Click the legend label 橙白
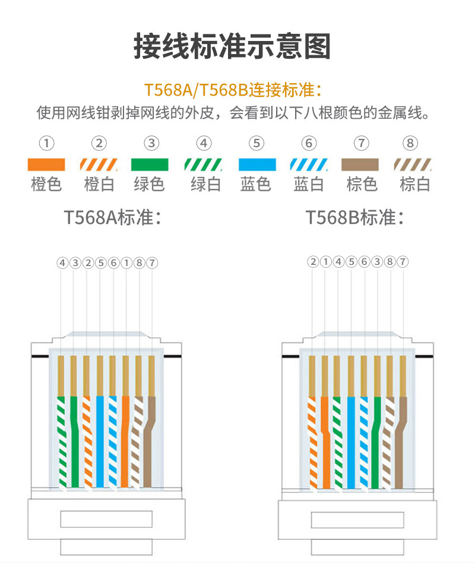click(x=99, y=184)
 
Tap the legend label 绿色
click(x=150, y=184)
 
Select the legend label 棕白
click(x=414, y=184)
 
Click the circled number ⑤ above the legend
click(x=256, y=143)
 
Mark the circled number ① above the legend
click(x=47, y=143)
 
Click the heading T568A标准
click(x=112, y=218)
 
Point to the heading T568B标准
click(x=355, y=218)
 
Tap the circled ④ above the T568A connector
click(x=62, y=262)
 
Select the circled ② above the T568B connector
click(x=313, y=262)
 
